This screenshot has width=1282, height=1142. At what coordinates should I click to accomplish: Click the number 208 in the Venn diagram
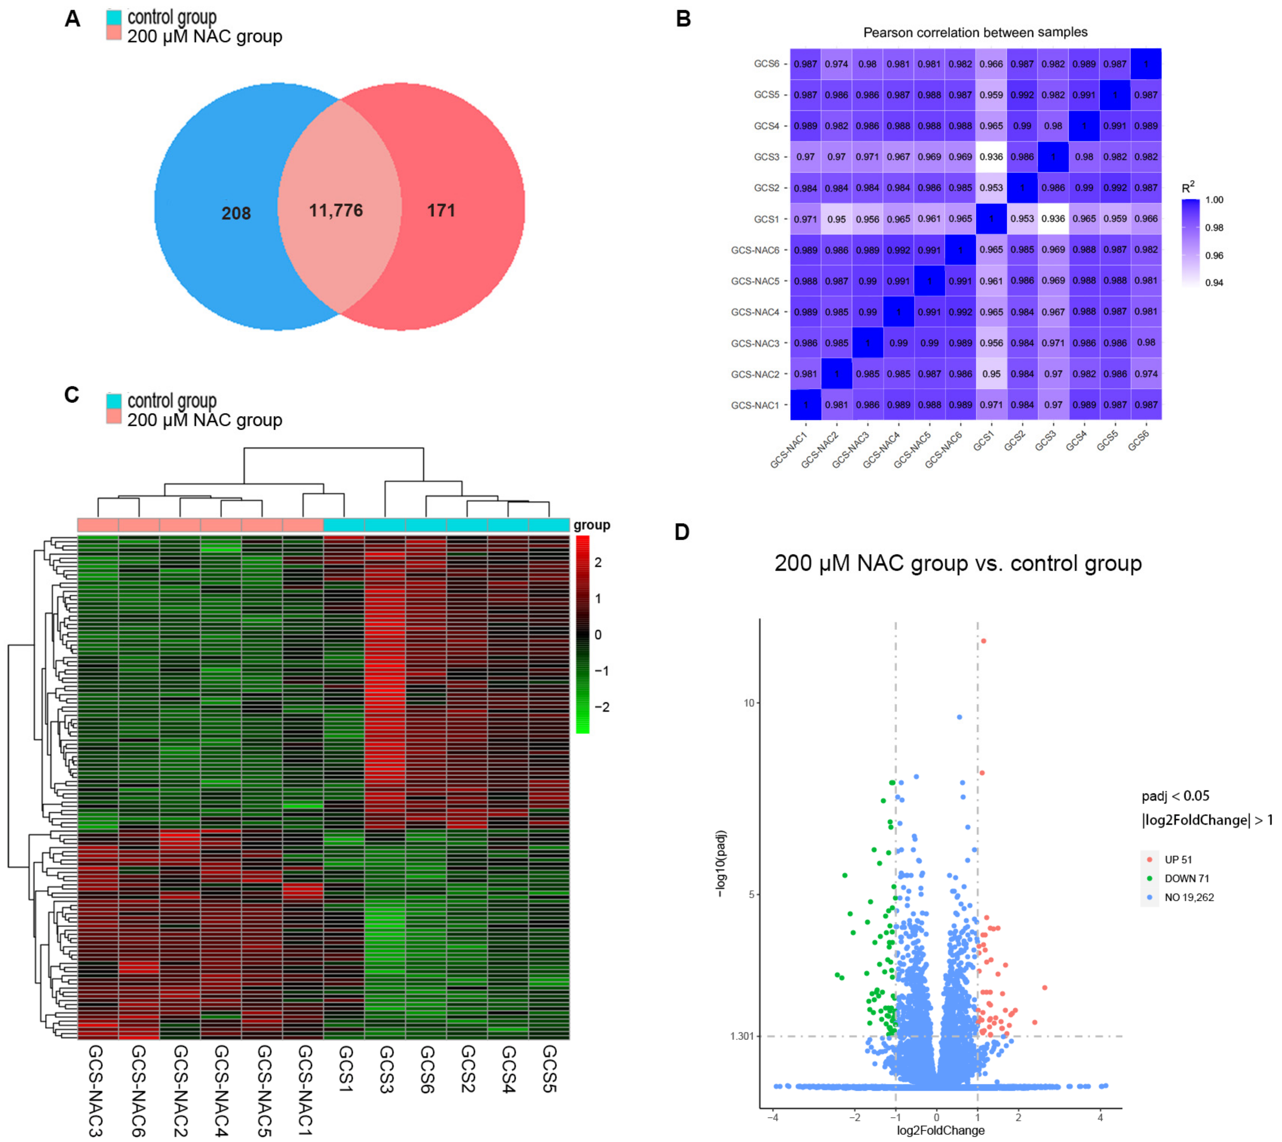coord(236,213)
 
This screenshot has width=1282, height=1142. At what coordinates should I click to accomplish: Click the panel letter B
coord(683,19)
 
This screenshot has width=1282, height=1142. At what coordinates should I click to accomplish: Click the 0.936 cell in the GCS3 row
coord(991,157)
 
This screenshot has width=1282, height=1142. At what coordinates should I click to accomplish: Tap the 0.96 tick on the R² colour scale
coord(1214,255)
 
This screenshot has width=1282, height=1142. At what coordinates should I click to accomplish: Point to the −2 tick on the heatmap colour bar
coord(601,707)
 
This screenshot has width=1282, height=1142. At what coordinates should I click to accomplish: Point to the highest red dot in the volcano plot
coord(984,641)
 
